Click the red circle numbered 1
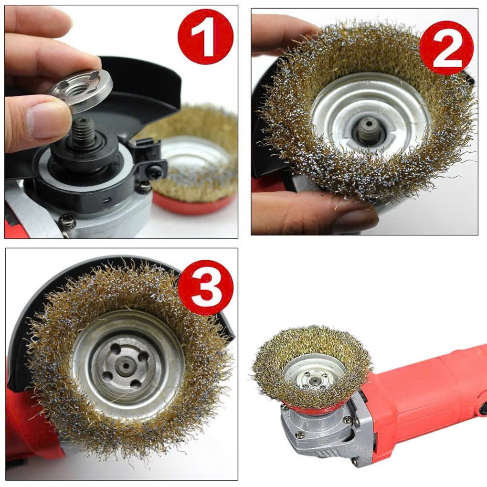(x=205, y=36)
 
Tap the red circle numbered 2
(x=446, y=48)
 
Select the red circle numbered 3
(x=206, y=287)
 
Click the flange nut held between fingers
(x=80, y=91)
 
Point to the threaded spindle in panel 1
(x=83, y=131)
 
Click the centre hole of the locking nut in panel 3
(x=126, y=366)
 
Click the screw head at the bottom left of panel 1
(x=67, y=222)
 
